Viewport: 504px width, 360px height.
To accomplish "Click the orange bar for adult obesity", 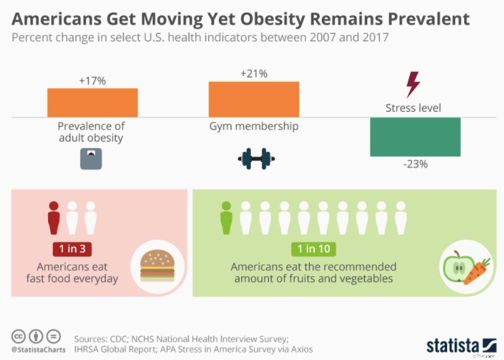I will [92, 102].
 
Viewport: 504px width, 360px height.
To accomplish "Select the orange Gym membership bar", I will [253, 99].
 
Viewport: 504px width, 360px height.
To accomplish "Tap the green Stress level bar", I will [415, 136].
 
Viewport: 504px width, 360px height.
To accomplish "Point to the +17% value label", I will [92, 81].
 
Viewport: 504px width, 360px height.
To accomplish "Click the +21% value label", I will [253, 73].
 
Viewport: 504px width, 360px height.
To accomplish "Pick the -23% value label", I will [414, 164].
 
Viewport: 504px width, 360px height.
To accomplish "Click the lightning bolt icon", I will [413, 85].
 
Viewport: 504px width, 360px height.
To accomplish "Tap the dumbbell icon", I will [256, 159].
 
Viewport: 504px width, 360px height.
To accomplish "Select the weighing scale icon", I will [89, 159].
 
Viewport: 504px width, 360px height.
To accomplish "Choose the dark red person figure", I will [54, 218].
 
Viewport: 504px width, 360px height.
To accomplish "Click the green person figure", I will [226, 218].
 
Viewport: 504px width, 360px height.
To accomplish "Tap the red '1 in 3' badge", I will [72, 249].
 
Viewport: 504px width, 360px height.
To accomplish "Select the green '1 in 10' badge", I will [313, 249].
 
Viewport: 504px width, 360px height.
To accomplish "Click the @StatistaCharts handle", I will [37, 350].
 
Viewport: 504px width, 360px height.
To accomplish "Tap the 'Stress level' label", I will [413, 108].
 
